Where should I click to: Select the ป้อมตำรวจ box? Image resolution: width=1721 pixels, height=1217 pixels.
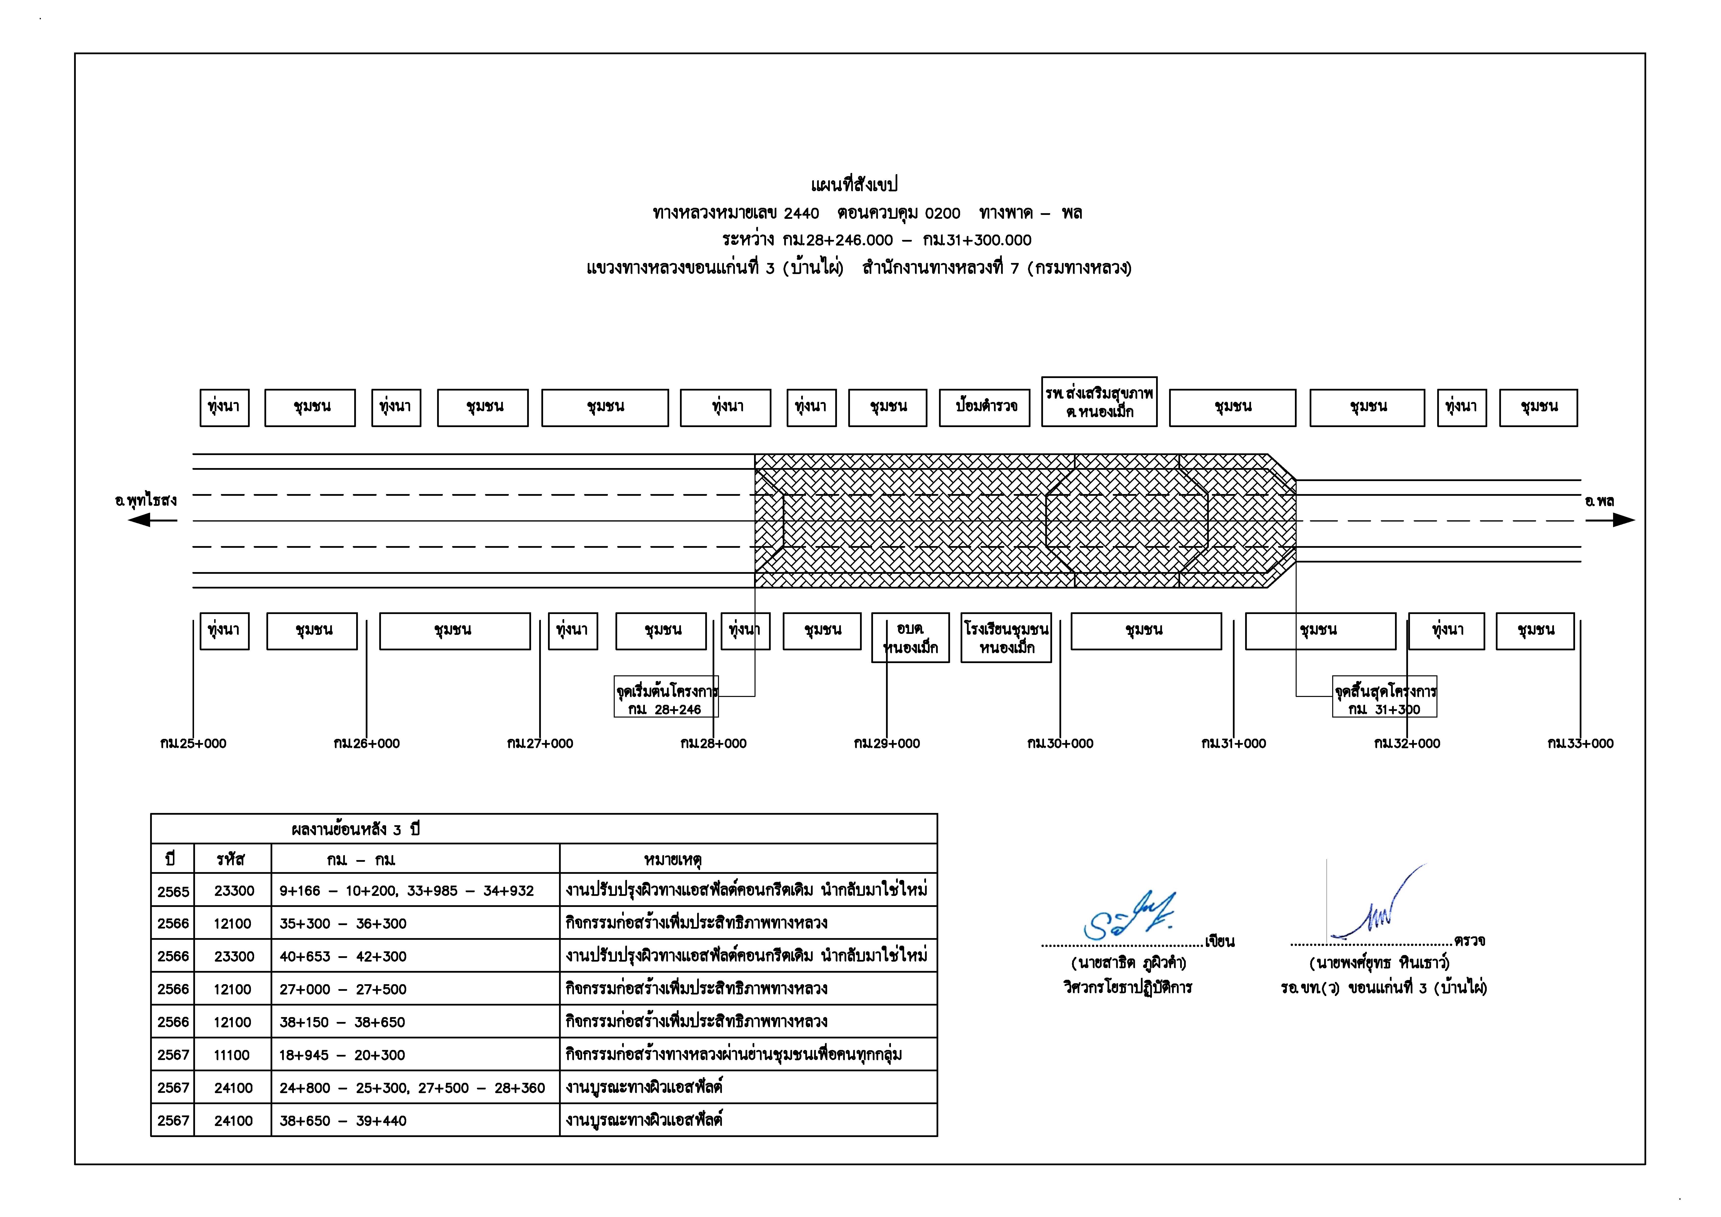(x=984, y=407)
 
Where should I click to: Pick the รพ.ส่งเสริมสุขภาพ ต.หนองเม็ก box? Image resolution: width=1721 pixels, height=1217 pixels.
(x=1099, y=402)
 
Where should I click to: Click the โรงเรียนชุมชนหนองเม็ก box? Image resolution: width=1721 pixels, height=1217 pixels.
(x=1006, y=637)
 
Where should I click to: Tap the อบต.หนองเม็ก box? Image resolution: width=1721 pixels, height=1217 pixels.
(x=910, y=637)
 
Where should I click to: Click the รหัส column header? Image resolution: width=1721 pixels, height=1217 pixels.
(x=231, y=859)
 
